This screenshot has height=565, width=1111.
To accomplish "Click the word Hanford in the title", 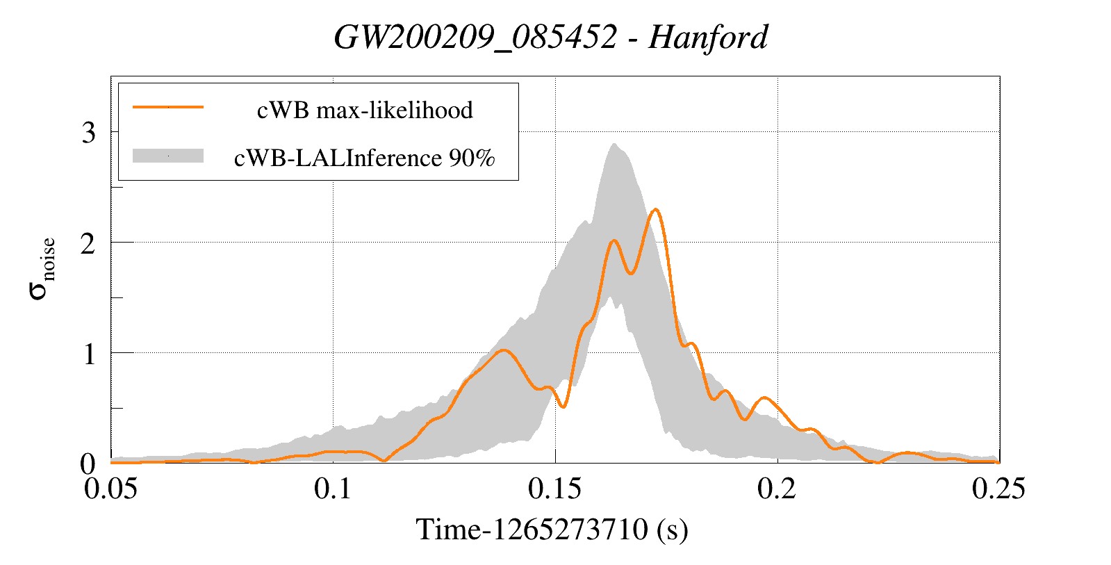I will (708, 38).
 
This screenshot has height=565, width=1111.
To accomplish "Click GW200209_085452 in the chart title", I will (475, 38).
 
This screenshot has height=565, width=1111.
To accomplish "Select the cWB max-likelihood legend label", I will (365, 110).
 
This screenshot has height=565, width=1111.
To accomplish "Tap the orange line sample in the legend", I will (167, 107).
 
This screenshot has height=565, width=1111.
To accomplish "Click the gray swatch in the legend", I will (167, 156).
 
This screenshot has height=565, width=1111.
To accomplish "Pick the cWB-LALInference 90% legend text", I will (365, 158).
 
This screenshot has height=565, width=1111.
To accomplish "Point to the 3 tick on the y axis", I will (88, 132).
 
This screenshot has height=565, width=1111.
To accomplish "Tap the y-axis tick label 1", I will (88, 354).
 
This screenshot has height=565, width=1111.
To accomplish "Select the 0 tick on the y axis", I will (88, 464).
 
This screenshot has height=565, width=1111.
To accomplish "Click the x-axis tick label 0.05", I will (110, 489).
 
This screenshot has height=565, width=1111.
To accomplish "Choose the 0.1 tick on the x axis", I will (333, 489).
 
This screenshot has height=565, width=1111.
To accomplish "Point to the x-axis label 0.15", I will (554, 489).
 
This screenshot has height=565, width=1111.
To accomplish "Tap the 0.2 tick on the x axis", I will (777, 489).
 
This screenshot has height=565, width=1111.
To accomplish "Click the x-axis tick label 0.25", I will (998, 489).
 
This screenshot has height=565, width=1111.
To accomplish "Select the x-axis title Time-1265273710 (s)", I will (552, 530).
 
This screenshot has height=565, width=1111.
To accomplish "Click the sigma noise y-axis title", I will (42, 268).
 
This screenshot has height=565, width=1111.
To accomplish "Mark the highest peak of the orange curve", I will (655, 209).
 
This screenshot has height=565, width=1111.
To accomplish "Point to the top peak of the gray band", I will (614, 145).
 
